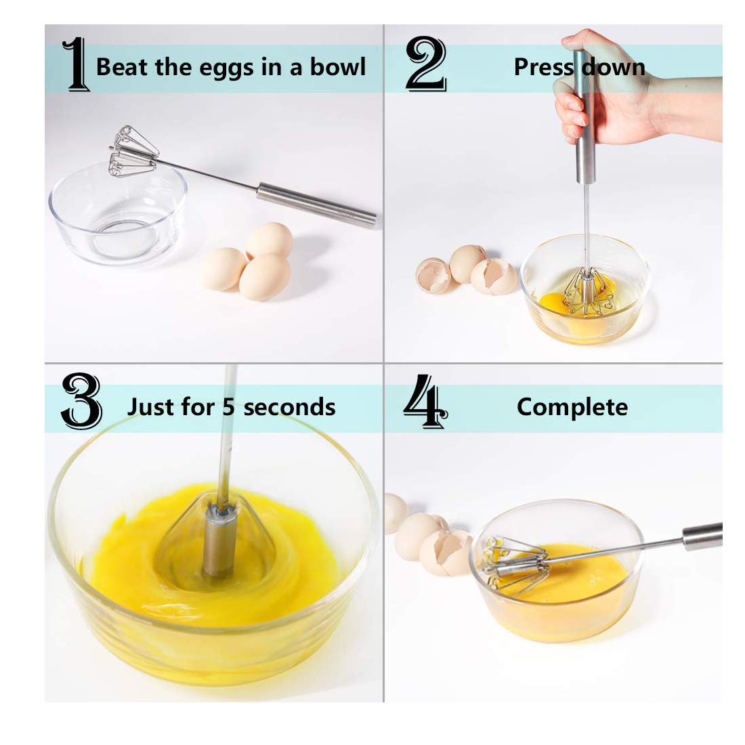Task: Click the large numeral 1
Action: [76, 65]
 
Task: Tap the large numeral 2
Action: [425, 65]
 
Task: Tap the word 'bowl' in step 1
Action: [337, 67]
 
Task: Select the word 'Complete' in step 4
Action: [572, 407]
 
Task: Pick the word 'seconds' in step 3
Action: [289, 407]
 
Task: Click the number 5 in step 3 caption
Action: [230, 407]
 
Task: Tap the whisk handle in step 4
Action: [701, 536]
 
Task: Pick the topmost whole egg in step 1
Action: [270, 240]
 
